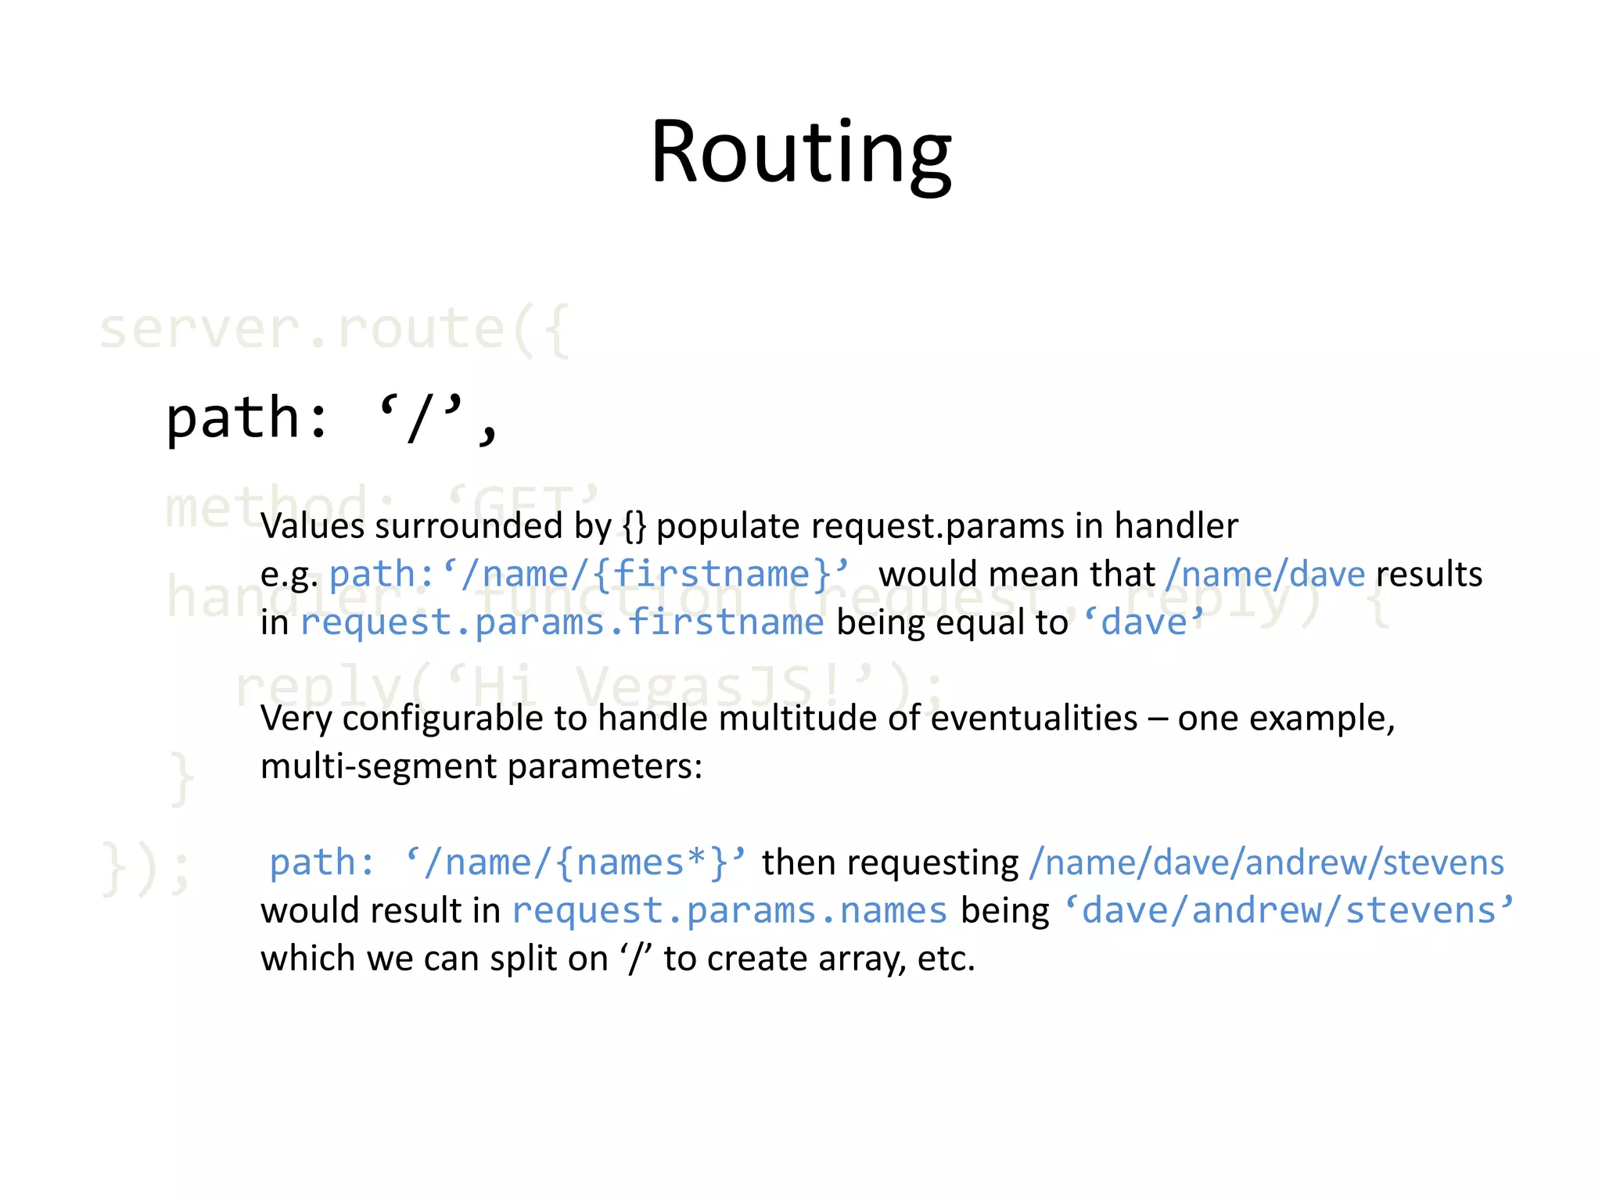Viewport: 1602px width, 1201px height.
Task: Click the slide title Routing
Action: (800, 152)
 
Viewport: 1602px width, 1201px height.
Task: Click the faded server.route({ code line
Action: (335, 329)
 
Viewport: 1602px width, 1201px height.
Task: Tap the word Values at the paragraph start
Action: (313, 526)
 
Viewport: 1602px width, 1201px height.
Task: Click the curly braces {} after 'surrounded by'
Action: (634, 526)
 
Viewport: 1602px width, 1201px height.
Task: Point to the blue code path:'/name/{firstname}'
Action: (588, 575)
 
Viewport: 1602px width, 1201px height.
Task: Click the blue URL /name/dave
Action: (1264, 575)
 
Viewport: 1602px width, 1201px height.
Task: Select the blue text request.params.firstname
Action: (562, 623)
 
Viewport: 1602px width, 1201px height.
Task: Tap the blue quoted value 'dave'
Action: (1143, 623)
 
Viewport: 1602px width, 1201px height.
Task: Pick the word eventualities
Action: (1033, 719)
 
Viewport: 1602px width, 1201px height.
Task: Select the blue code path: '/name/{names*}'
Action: (507, 863)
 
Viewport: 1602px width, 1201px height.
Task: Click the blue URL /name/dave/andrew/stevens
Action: (1266, 863)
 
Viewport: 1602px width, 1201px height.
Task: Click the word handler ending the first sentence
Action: (1176, 526)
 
